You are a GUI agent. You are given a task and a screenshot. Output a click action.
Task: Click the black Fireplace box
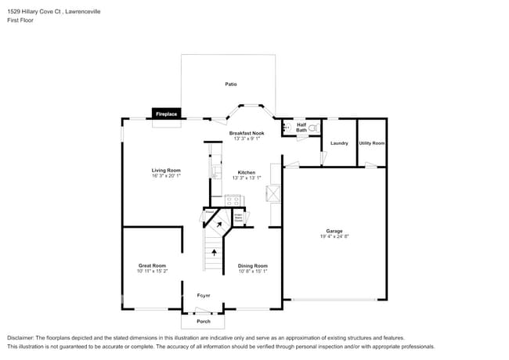pyautogui.click(x=167, y=113)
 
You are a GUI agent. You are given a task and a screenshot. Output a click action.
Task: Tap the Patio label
pyautogui.click(x=231, y=84)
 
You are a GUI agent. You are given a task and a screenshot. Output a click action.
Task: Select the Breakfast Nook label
pyautogui.click(x=247, y=133)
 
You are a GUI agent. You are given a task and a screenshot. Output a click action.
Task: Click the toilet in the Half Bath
pyautogui.click(x=313, y=126)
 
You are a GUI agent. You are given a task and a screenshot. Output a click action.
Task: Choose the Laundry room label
pyautogui.click(x=339, y=143)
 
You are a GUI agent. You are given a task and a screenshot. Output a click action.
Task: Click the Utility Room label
pyautogui.click(x=372, y=143)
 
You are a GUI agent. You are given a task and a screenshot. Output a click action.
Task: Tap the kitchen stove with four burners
pyautogui.click(x=234, y=200)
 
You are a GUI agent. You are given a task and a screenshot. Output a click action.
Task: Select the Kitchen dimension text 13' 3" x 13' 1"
pyautogui.click(x=247, y=178)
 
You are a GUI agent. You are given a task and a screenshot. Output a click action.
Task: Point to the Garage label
pyautogui.click(x=334, y=230)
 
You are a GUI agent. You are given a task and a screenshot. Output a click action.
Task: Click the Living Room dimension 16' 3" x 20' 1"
pyautogui.click(x=166, y=176)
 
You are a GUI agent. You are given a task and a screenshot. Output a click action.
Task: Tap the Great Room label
pyautogui.click(x=153, y=265)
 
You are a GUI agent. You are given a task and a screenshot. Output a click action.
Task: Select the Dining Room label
pyautogui.click(x=253, y=265)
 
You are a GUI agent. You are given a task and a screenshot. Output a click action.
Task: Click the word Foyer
pyautogui.click(x=204, y=295)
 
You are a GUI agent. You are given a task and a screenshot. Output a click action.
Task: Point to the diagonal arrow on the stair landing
pyautogui.click(x=220, y=225)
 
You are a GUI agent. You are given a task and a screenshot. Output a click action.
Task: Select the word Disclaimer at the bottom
pyautogui.click(x=23, y=337)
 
